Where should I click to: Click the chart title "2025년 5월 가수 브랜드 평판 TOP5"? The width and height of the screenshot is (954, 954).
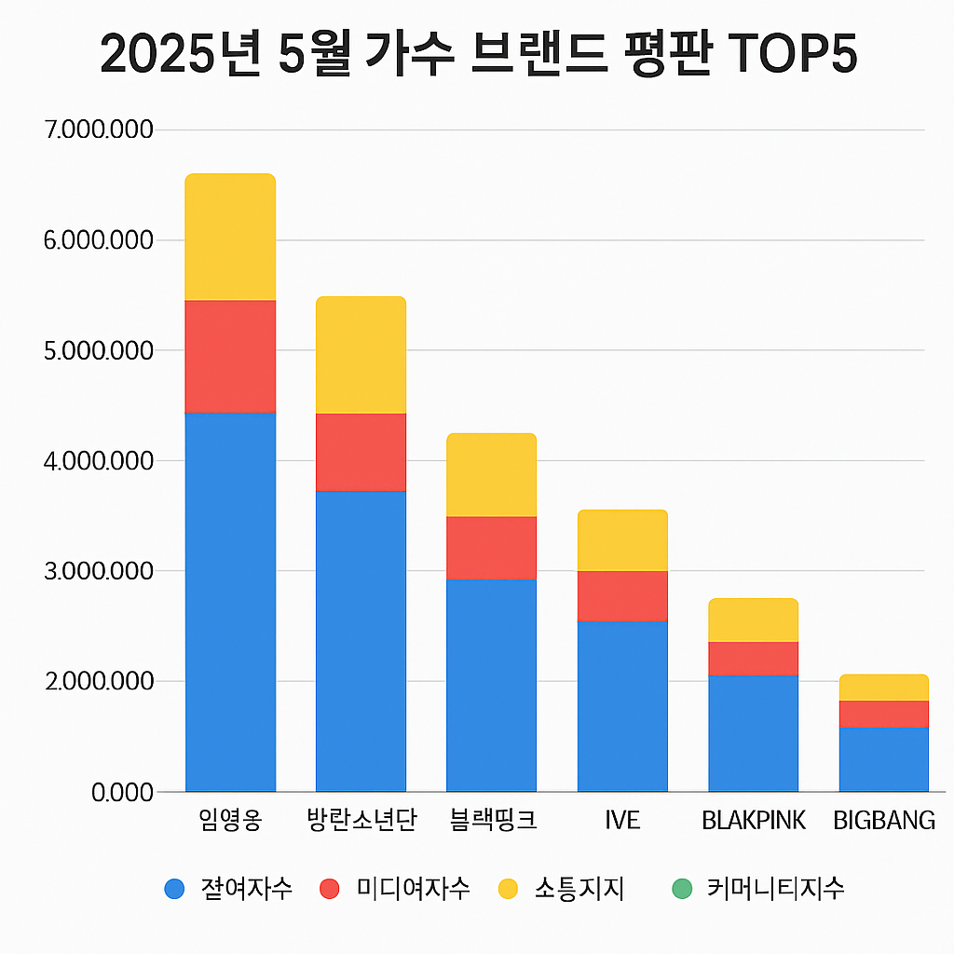tap(477, 54)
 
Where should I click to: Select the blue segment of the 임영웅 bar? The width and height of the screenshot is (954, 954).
tap(230, 601)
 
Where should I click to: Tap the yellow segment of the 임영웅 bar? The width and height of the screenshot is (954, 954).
tap(230, 237)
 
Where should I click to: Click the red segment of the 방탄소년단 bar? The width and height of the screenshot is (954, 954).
tap(361, 452)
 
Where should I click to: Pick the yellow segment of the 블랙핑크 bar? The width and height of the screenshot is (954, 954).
tap(491, 474)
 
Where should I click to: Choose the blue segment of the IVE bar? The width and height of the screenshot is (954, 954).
tap(622, 705)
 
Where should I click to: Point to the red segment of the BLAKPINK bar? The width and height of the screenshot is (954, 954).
tap(753, 658)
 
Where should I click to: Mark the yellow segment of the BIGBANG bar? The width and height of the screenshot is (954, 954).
tap(883, 687)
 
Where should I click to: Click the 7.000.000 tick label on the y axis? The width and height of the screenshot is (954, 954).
tap(98, 129)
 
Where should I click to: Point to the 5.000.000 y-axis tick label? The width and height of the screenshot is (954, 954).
tap(98, 350)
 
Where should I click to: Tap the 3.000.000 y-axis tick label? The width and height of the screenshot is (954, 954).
tap(98, 570)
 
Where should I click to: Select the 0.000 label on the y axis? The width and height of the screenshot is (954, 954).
tap(122, 792)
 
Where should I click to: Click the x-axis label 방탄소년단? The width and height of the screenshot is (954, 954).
tap(361, 821)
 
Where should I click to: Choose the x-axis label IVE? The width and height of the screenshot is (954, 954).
tap(622, 821)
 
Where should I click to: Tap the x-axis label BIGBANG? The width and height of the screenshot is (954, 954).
tap(884, 821)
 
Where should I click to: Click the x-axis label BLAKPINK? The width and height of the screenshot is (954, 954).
tap(753, 821)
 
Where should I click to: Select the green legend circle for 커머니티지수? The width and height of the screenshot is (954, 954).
tap(682, 889)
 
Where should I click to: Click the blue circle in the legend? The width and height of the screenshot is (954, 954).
tap(174, 889)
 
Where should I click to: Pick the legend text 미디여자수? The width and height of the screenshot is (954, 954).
tap(413, 889)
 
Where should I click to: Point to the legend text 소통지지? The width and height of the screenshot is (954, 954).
tap(579, 889)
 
